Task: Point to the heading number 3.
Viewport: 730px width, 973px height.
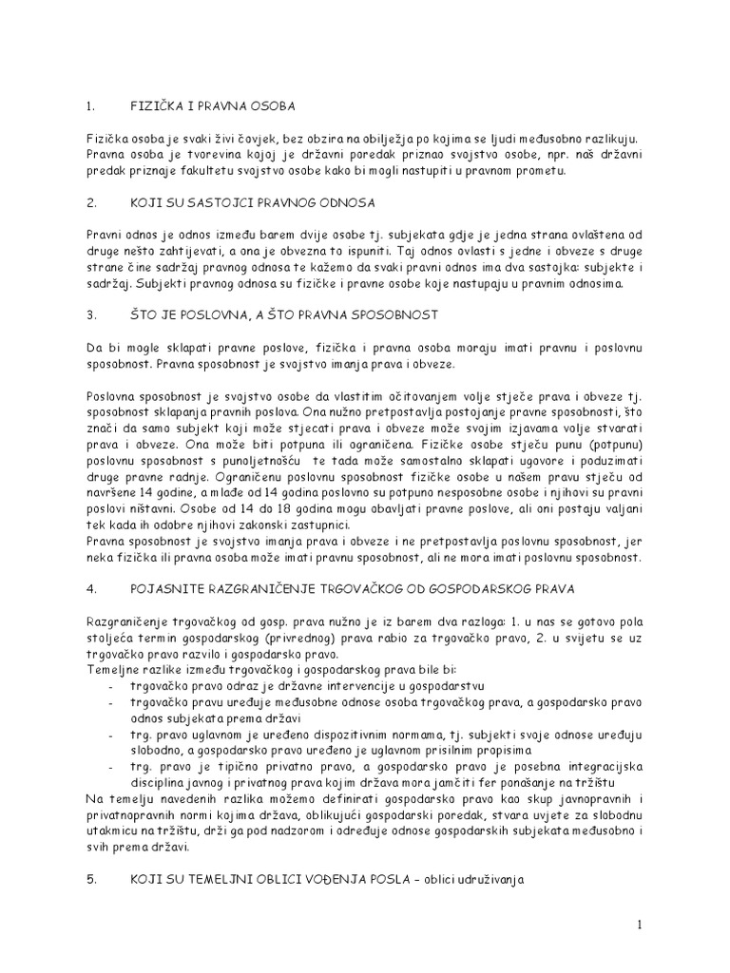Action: point(91,315)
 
